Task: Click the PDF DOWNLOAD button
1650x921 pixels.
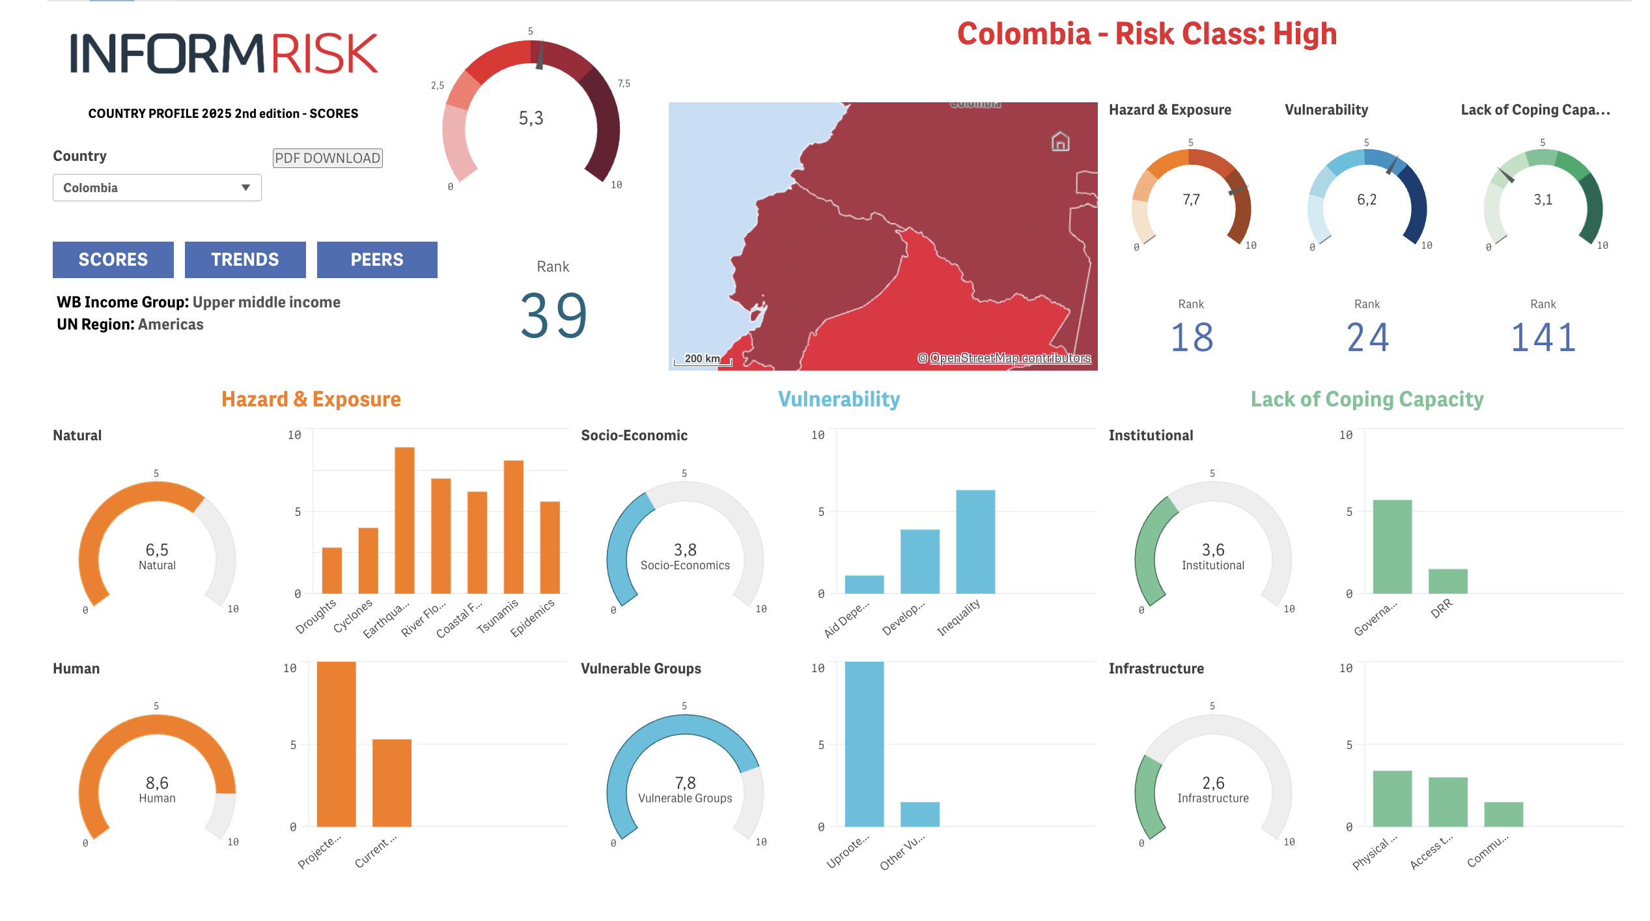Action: (x=327, y=158)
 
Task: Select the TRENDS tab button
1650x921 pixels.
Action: (x=245, y=260)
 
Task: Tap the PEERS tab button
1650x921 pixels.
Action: (x=377, y=260)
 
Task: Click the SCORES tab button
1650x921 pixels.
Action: (x=113, y=260)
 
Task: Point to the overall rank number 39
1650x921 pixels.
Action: (x=553, y=316)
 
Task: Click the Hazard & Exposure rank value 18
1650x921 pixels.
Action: (x=1192, y=337)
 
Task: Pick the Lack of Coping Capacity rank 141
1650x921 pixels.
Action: (x=1543, y=337)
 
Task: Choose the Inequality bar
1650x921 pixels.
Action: (x=975, y=541)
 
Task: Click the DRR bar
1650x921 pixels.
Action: (x=1447, y=581)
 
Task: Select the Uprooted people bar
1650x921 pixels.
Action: (x=864, y=744)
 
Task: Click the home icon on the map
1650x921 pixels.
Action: (x=1061, y=141)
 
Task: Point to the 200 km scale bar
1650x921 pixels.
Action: (x=703, y=360)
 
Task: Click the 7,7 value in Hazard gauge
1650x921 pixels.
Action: (x=1191, y=200)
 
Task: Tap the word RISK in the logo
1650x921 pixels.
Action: (x=324, y=54)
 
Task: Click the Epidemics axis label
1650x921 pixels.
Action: (x=533, y=617)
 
